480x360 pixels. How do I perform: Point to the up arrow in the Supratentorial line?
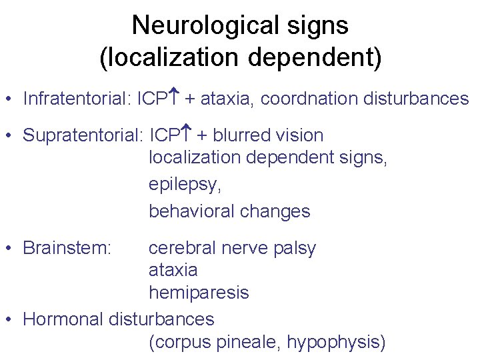coord(188,133)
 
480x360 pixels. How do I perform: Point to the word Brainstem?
coord(67,248)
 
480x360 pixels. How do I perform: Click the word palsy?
coord(293,249)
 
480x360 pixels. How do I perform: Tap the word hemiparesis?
coord(198,293)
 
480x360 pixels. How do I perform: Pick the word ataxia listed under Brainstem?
coord(173,270)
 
